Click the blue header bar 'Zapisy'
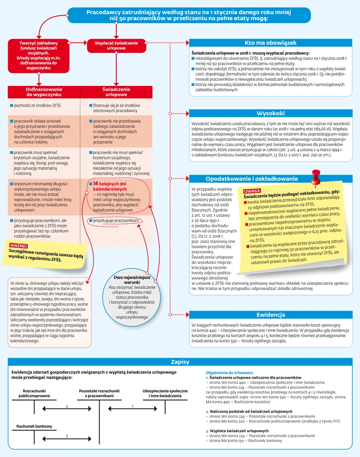click(x=180, y=362)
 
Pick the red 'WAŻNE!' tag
click(x=18, y=245)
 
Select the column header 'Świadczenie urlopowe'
click(x=116, y=92)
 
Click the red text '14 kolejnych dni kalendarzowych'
click(x=110, y=187)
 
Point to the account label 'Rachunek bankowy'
click(x=34, y=426)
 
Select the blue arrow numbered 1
click(x=132, y=406)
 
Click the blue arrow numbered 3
click(x=67, y=436)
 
